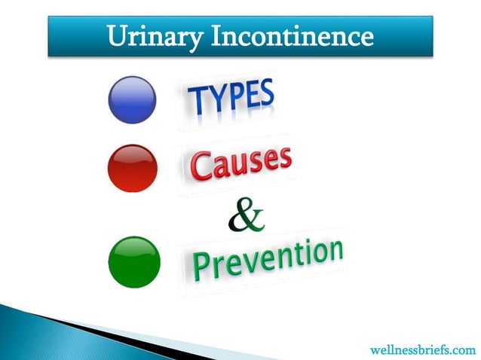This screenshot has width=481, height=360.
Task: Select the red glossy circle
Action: tap(133, 168)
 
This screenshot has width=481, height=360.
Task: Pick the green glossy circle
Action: tap(136, 262)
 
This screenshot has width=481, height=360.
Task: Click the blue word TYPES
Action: tap(230, 98)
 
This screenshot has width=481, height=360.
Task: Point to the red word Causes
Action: tap(240, 163)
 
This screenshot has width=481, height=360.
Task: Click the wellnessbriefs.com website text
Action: tap(423, 350)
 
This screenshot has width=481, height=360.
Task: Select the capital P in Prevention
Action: tap(201, 264)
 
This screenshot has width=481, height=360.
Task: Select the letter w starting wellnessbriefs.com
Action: tap(376, 351)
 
